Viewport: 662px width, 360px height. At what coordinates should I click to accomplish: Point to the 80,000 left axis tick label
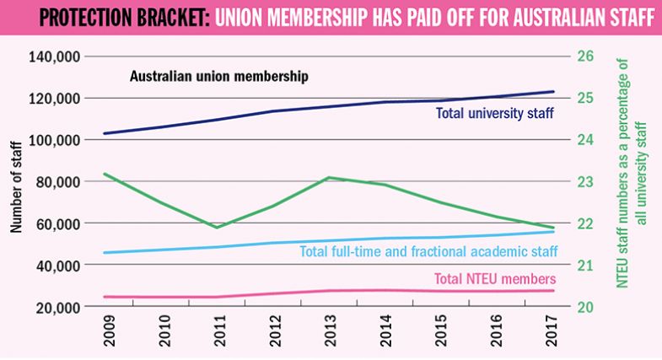[57, 181]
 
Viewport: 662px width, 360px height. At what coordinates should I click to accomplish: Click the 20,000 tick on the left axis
[57, 307]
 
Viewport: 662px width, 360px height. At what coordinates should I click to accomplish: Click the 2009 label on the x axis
[109, 334]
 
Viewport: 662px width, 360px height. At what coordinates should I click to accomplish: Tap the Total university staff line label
[494, 113]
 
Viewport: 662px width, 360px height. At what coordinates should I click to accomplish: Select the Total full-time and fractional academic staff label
[428, 250]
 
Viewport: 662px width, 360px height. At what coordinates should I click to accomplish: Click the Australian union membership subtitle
[218, 76]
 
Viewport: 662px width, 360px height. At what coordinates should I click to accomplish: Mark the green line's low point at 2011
[218, 228]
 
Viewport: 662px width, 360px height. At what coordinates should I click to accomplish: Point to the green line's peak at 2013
[329, 177]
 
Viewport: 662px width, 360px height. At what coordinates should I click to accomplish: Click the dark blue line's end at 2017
[553, 91]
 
